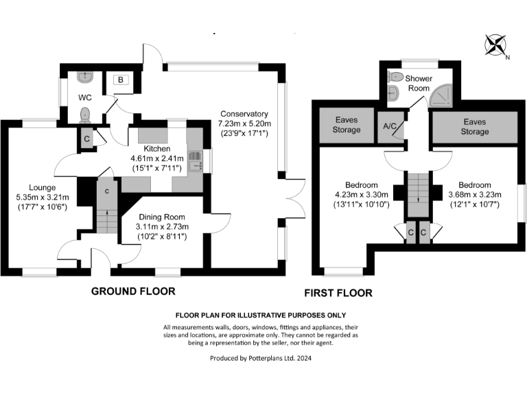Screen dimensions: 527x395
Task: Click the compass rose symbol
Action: tap(495, 45)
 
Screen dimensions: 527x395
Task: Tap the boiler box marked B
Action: tap(120, 80)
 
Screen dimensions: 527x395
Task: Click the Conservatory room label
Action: tap(244, 114)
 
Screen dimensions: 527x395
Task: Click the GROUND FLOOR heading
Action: tap(133, 291)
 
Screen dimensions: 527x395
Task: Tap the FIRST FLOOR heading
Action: tap(338, 293)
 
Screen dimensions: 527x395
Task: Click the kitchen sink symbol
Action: tap(194, 162)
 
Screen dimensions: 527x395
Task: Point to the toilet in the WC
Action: tap(85, 114)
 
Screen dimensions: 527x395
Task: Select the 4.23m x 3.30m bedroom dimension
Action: tap(361, 195)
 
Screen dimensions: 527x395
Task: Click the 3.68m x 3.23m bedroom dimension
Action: tap(475, 195)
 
